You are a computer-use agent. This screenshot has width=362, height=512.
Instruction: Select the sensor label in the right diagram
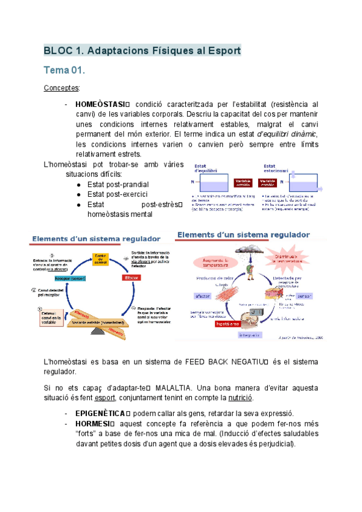click(x=304, y=296)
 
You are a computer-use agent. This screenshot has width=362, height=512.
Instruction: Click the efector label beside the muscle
click(x=203, y=295)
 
